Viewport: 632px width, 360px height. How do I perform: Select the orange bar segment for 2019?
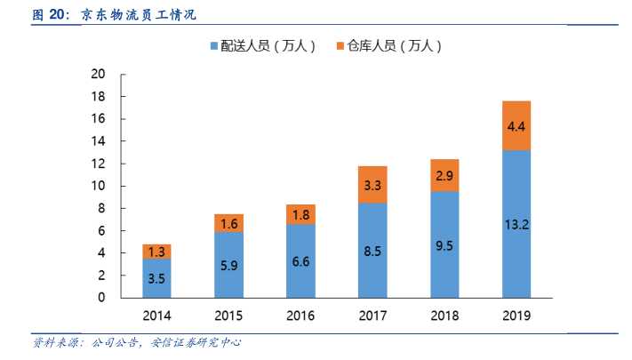click(516, 125)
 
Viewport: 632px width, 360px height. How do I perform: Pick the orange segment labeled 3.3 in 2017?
click(372, 185)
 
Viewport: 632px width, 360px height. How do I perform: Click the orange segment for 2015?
click(228, 223)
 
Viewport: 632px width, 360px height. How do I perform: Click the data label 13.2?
click(516, 225)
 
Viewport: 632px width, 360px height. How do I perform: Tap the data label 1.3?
click(156, 252)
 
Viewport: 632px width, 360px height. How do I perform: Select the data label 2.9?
click(444, 176)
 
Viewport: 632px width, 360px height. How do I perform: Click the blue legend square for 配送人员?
click(214, 45)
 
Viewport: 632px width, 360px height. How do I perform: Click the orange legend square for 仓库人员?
click(341, 45)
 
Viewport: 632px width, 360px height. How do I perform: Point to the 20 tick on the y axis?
click(99, 74)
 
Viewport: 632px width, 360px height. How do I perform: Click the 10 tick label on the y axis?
click(99, 186)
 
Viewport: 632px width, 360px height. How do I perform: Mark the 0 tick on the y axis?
click(102, 298)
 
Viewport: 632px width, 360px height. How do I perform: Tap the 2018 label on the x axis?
click(444, 316)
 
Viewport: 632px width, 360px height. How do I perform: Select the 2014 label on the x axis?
click(156, 316)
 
